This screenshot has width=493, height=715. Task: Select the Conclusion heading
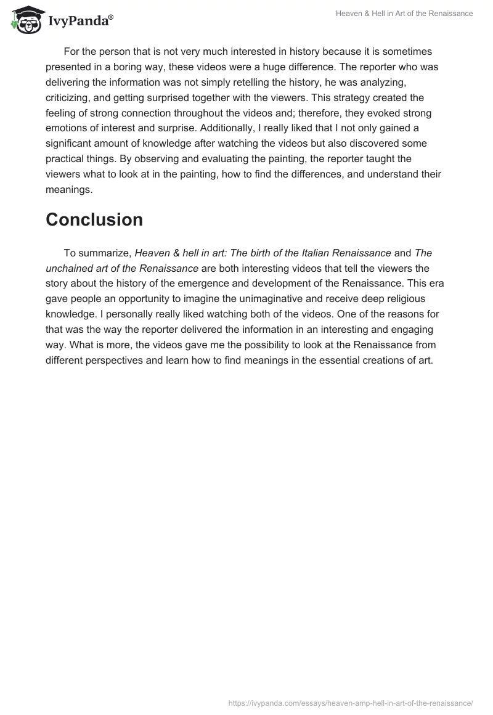pyautogui.click(x=94, y=219)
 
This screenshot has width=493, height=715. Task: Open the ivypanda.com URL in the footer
pyautogui.click(x=351, y=702)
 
